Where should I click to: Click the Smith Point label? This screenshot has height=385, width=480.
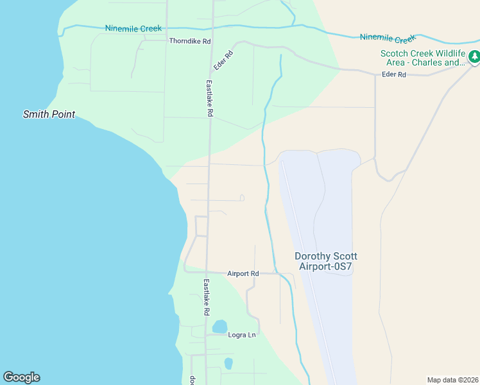point(49,114)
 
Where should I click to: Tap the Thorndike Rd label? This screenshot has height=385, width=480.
point(190,41)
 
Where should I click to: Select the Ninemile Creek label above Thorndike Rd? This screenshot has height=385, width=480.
point(133,28)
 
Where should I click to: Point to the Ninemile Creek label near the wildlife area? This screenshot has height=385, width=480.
point(388,38)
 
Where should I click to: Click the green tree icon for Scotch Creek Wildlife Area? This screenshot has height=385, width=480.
point(474,57)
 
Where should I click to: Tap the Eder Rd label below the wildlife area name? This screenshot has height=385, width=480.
point(394,74)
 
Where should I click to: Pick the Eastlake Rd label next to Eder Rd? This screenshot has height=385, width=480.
point(209,98)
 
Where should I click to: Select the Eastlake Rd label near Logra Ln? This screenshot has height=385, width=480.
point(207,297)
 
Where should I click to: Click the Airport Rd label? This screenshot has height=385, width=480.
point(243,274)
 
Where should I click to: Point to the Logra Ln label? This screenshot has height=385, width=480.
point(242,335)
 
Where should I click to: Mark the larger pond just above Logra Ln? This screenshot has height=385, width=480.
point(219,326)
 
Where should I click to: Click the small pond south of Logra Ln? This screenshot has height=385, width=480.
point(228,363)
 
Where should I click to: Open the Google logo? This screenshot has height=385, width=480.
point(21,377)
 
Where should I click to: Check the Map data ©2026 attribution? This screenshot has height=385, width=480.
point(452,380)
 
